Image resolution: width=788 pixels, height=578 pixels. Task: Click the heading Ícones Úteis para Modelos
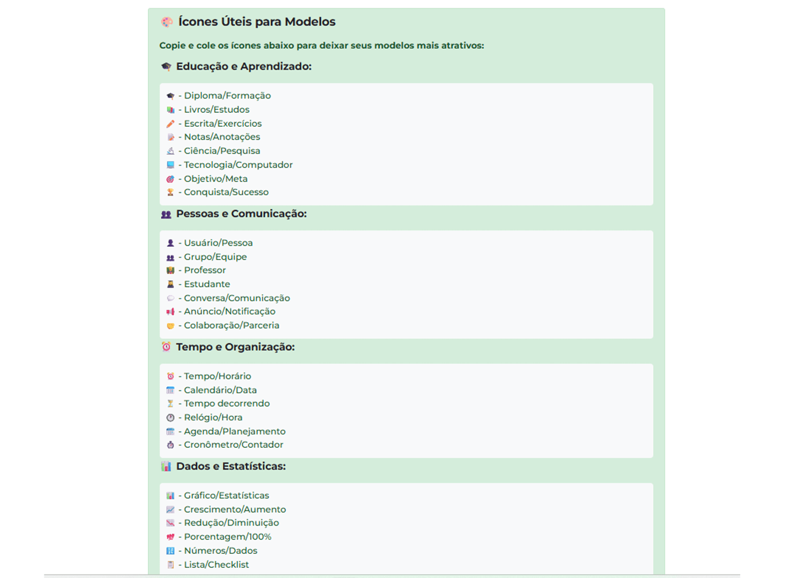click(x=257, y=22)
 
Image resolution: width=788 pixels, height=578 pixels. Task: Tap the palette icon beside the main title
click(x=167, y=22)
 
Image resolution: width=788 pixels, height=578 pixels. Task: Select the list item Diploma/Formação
click(x=227, y=96)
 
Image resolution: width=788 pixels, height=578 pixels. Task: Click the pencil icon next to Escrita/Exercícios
click(x=170, y=124)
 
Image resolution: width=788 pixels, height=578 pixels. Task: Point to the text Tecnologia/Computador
click(x=238, y=165)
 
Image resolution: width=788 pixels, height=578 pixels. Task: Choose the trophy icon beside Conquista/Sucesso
click(x=170, y=192)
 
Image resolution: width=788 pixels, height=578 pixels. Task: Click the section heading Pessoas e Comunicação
click(x=241, y=214)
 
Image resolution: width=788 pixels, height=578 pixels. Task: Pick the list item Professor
click(x=205, y=270)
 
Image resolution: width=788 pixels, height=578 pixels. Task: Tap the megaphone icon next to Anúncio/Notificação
click(x=170, y=311)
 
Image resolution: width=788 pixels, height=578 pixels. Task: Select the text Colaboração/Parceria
click(x=231, y=325)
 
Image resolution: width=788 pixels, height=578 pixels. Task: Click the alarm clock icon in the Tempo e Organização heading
click(x=167, y=347)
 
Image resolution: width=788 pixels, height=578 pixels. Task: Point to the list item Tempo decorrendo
click(x=227, y=404)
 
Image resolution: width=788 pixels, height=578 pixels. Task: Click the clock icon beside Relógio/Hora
click(x=170, y=417)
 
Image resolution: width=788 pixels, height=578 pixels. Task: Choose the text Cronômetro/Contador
click(x=234, y=445)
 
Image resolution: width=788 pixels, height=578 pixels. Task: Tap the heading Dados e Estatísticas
click(x=231, y=466)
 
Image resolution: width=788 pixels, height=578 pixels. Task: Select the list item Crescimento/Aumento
click(x=235, y=509)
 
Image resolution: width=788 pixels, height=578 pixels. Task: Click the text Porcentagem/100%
click(x=228, y=537)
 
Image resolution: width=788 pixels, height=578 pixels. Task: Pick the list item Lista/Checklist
click(x=216, y=565)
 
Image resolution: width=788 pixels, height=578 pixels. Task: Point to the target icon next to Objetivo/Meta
click(x=170, y=179)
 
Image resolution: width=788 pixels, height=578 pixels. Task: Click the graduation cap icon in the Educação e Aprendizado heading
click(x=167, y=66)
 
